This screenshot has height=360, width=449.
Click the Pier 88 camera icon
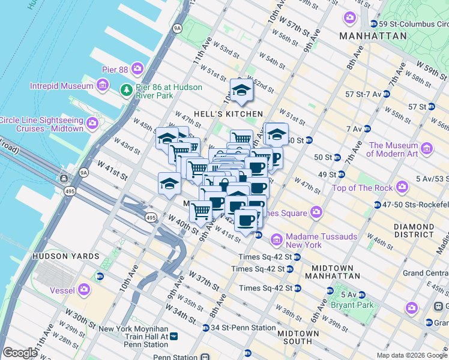click(x=137, y=68)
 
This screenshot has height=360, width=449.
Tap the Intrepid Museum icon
click(x=102, y=86)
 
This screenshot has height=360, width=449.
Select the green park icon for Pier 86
click(x=126, y=91)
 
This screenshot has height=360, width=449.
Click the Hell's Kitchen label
click(x=235, y=113)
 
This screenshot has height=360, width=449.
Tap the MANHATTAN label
click(x=373, y=36)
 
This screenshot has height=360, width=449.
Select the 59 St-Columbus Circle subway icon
click(x=375, y=23)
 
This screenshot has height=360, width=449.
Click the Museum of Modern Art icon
click(x=427, y=148)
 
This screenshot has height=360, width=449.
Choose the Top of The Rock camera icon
click(x=402, y=188)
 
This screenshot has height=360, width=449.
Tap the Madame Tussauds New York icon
click(x=277, y=240)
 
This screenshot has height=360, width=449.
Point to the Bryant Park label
click(x=352, y=305)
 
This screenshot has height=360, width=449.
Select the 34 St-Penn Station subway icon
click(x=205, y=328)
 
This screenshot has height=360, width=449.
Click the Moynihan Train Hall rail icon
click(x=173, y=337)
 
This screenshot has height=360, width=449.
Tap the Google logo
click(x=19, y=353)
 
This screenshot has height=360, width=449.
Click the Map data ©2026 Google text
click(x=412, y=355)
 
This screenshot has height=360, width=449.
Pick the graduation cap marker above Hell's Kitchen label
click(x=241, y=91)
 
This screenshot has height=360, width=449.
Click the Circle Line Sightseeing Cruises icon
click(x=92, y=124)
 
